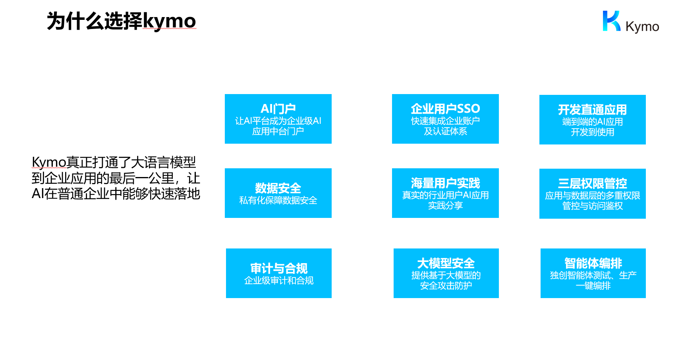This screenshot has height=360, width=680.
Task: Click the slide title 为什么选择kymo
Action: pos(122,21)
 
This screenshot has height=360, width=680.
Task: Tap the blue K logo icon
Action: pos(611,21)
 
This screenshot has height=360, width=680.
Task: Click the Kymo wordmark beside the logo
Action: pos(642,27)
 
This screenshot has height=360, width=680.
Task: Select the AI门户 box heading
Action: pos(278,109)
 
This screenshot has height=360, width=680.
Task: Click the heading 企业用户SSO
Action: pos(445,109)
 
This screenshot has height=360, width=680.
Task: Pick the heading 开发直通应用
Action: pos(592,110)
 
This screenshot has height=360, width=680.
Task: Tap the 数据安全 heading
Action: pos(278,189)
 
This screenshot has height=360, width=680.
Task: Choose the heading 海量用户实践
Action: pos(445,183)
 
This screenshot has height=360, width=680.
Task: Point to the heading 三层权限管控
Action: pos(592,183)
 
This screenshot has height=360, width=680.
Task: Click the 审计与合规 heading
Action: pos(279,268)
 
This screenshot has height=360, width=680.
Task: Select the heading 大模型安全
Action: pos(446,263)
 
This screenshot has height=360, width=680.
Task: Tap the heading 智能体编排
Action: pos(593,263)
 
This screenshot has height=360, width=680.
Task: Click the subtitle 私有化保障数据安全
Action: pos(278,200)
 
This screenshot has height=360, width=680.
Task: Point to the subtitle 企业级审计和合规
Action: pos(279,281)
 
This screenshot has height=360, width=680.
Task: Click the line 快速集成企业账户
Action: pos(445,121)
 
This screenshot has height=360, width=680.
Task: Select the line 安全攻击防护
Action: pos(446,286)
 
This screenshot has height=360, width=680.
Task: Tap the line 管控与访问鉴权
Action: pos(592,206)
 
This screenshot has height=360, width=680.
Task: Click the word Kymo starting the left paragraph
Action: pos(49,162)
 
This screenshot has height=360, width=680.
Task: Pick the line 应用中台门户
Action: pos(278,131)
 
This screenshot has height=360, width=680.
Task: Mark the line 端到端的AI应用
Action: pos(592,122)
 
